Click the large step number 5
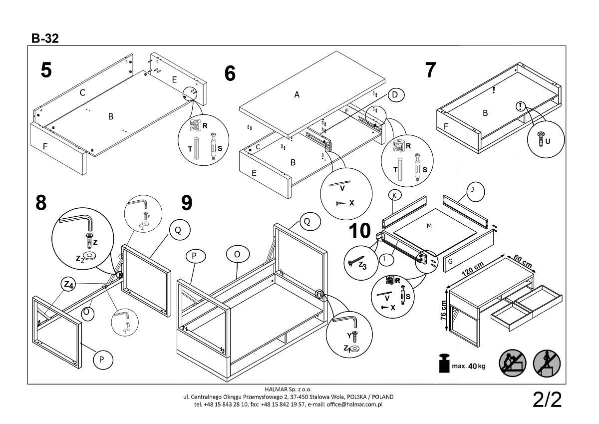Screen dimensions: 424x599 [x=46, y=70]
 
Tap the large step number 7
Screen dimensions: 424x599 [x=430, y=70]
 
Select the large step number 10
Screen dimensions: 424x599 [x=360, y=231]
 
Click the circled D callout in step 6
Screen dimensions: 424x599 [x=395, y=95]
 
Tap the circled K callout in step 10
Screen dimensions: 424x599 [x=394, y=195]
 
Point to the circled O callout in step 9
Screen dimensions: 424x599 [x=237, y=254]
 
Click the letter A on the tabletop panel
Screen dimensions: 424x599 [x=297, y=94]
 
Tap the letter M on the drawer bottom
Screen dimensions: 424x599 [x=429, y=226]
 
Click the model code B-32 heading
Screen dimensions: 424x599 [x=45, y=38]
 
